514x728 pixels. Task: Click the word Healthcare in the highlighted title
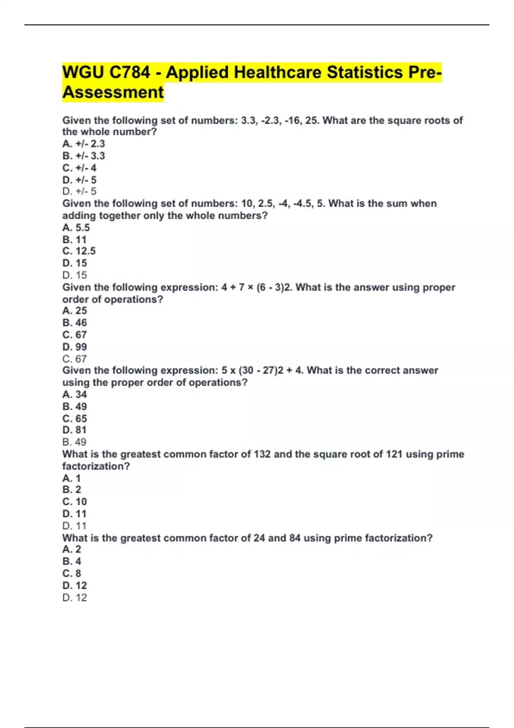(278, 72)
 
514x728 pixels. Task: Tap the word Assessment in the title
(113, 92)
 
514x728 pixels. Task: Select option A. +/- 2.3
(84, 144)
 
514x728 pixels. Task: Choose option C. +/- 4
(79, 168)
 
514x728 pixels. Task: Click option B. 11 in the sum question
(75, 240)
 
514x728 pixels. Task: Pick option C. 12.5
(79, 251)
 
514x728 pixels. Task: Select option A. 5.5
(76, 228)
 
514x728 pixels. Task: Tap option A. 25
(75, 310)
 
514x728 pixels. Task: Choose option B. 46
(75, 322)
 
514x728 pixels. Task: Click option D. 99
(75, 347)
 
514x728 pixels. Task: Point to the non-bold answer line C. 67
(75, 359)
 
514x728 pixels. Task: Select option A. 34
(75, 394)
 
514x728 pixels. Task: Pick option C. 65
(75, 418)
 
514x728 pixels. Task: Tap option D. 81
(75, 430)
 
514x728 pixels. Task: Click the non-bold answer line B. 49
(75, 442)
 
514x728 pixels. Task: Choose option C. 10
(75, 501)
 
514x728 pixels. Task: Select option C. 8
(72, 573)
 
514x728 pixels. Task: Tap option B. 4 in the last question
(72, 561)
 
